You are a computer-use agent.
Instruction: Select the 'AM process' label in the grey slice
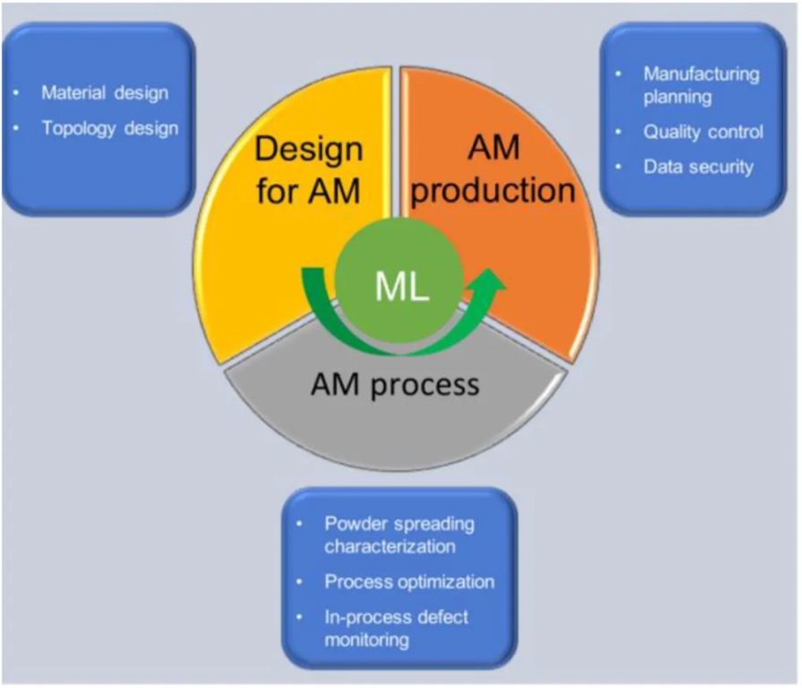395,384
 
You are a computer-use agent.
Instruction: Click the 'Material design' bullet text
105,92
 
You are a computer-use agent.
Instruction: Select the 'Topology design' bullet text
110,128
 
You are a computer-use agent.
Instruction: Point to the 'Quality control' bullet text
704,132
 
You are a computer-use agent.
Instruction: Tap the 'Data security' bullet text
698,167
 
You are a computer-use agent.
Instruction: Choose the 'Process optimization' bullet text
409,581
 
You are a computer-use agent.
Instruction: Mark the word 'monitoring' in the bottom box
367,640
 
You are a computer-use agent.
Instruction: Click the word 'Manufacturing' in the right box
701,74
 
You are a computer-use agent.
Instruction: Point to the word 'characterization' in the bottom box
390,546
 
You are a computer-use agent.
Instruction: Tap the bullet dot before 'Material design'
18,93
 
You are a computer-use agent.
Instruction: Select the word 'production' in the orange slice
494,190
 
